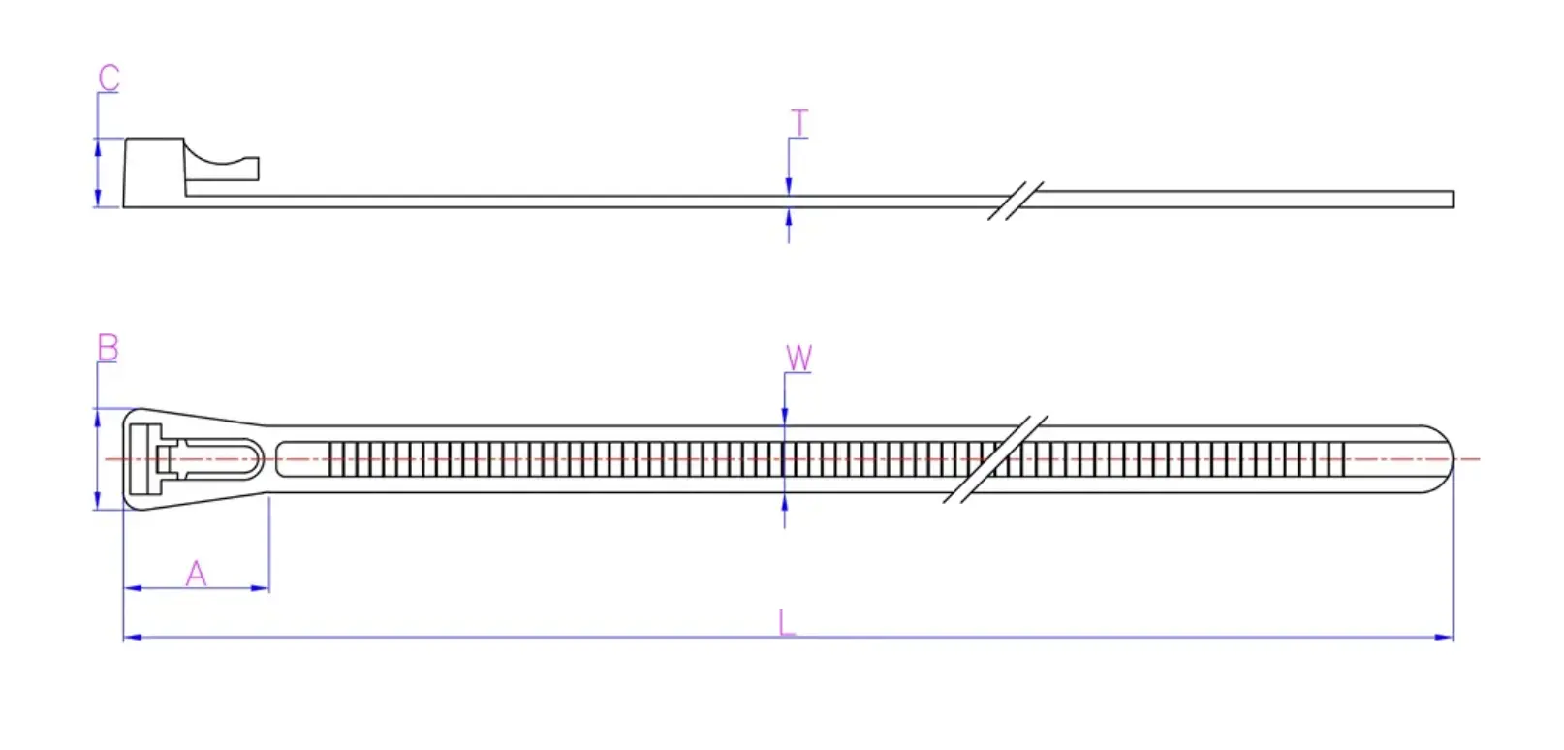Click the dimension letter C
(109, 78)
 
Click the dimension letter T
(799, 124)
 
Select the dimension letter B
(108, 348)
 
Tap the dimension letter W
(798, 359)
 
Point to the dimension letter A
(196, 574)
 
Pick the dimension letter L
(787, 622)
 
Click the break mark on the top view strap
(996, 458)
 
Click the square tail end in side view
(1450, 200)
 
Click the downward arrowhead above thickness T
(789, 186)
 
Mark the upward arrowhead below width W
(784, 502)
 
